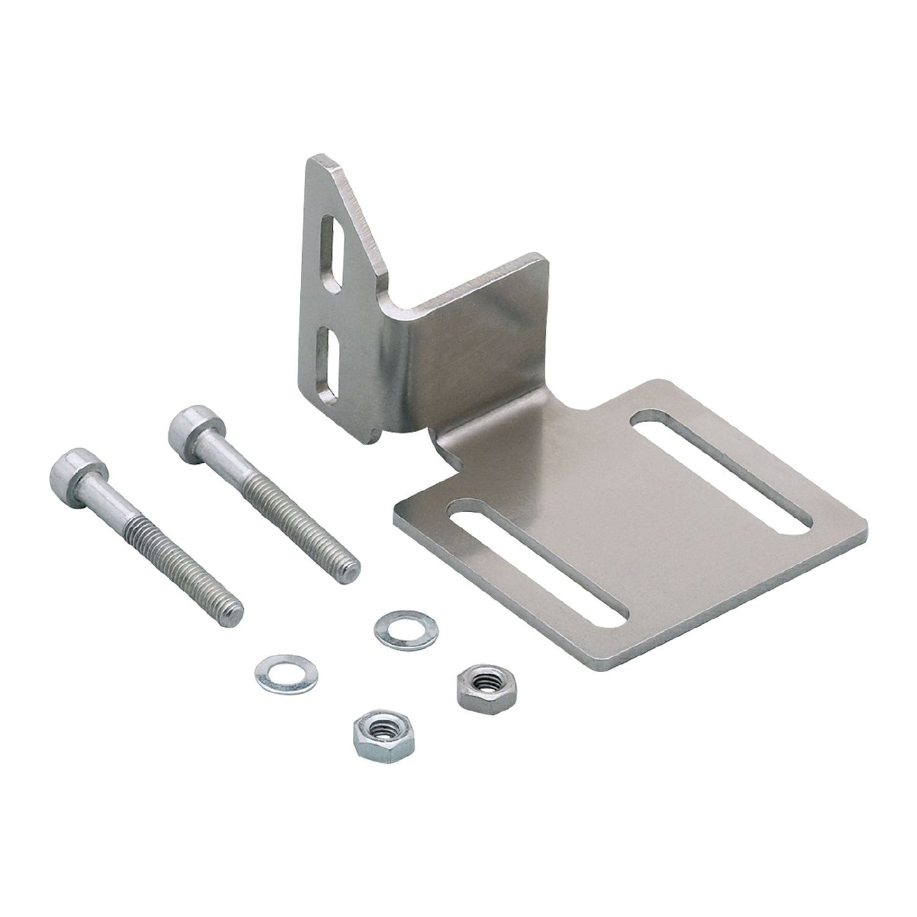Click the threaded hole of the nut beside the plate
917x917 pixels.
[480, 686]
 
